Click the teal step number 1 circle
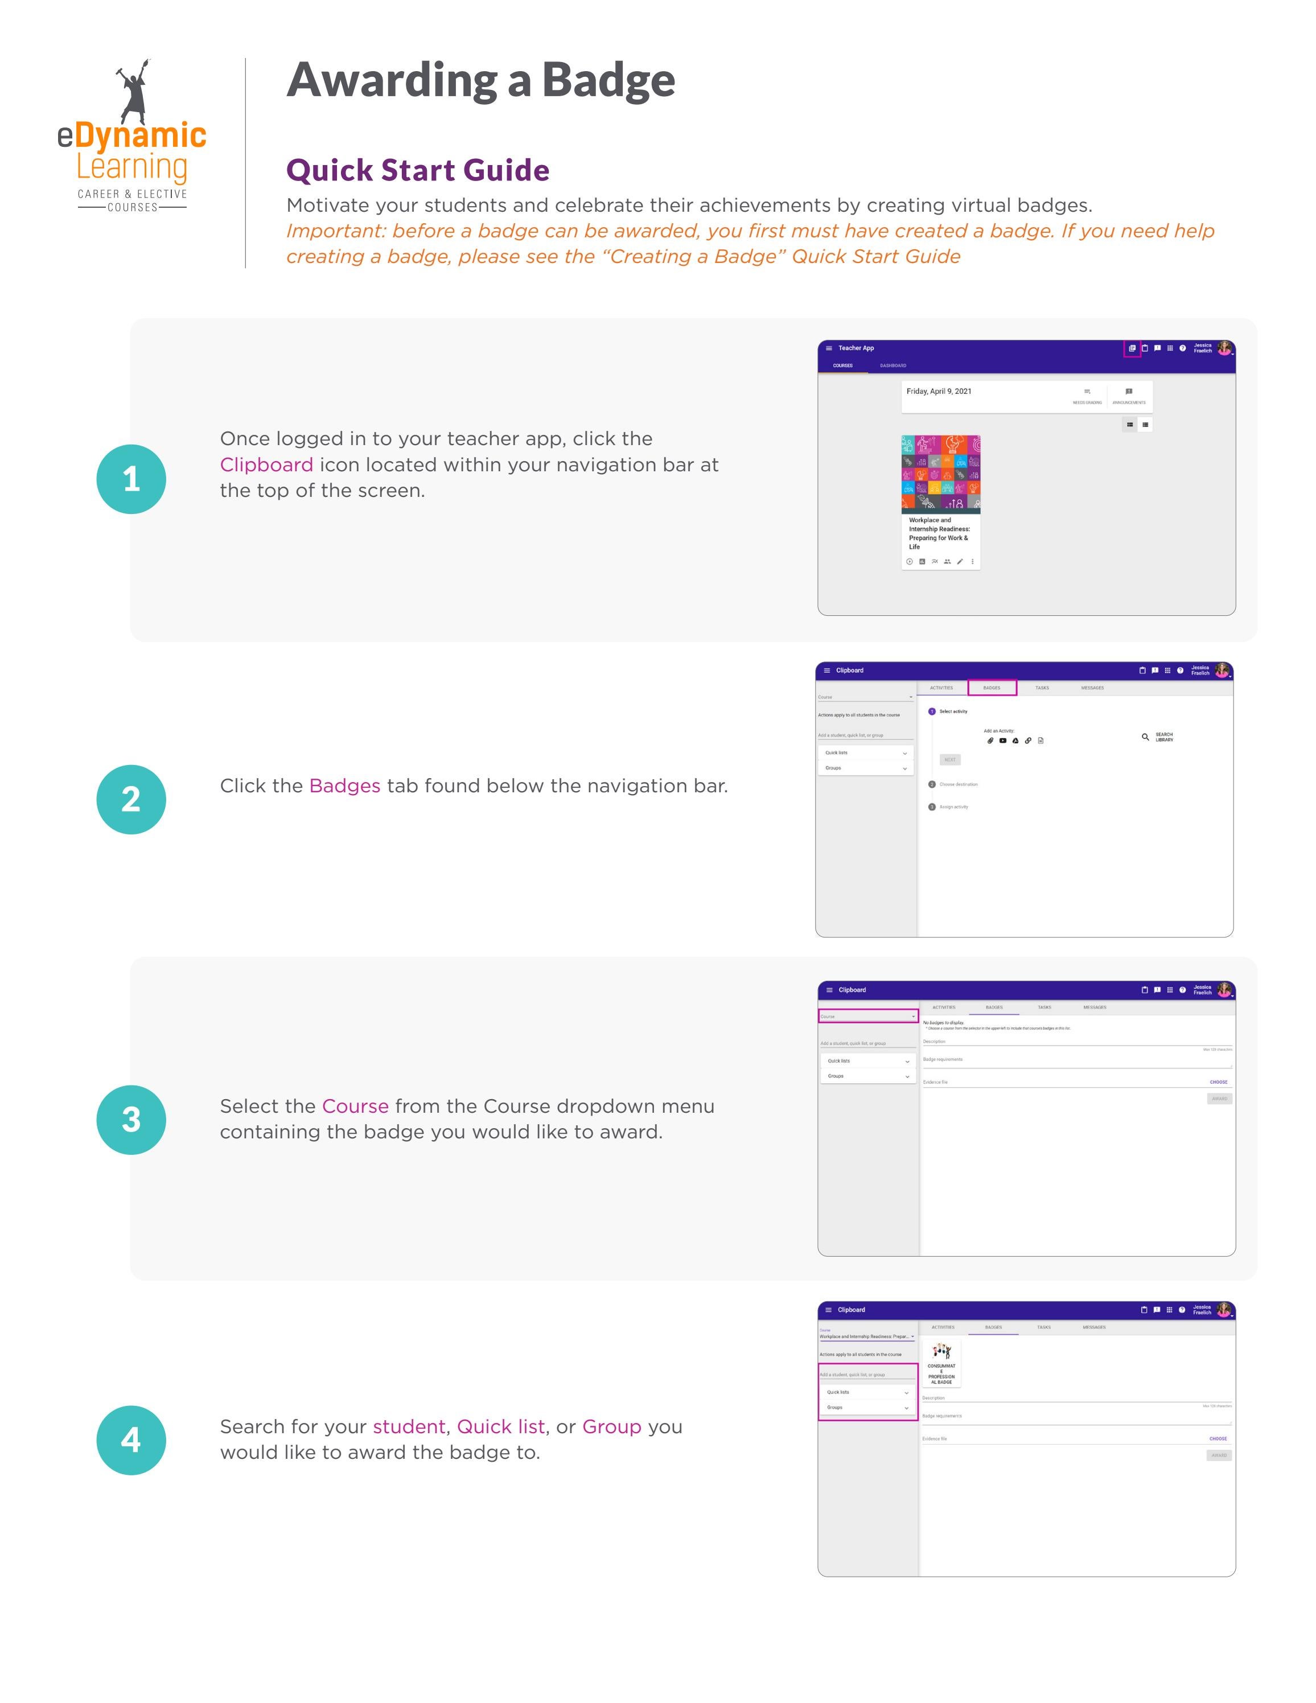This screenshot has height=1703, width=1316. coord(131,479)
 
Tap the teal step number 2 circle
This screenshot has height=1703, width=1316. coord(131,799)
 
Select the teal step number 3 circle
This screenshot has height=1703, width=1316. coord(131,1120)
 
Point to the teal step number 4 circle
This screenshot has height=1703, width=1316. coord(131,1440)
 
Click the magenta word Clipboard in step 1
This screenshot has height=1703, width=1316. coord(266,464)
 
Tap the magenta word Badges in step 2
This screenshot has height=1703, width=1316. coord(344,786)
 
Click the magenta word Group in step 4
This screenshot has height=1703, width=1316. coord(611,1427)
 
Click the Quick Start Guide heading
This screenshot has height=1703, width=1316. coord(417,170)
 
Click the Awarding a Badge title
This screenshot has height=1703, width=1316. coord(480,80)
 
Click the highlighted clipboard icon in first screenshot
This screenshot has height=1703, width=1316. coord(1132,348)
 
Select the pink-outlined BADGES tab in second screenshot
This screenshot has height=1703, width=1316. coord(992,688)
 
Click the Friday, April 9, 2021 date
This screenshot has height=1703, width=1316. coord(939,392)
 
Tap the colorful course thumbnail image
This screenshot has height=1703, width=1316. coord(940,474)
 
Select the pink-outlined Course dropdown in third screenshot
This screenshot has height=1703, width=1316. coord(867,1016)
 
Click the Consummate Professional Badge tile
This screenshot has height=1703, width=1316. coord(941,1364)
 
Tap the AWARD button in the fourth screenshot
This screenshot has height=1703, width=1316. coord(1219,1455)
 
